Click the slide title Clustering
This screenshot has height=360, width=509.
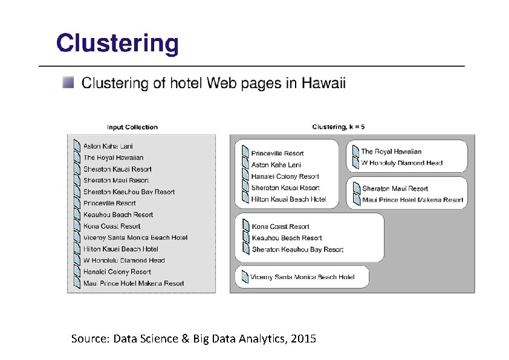117,44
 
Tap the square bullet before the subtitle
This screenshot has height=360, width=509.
70,83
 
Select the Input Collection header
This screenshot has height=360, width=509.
132,127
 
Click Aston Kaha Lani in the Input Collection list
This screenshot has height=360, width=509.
108,146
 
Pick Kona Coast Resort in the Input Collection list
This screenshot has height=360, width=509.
112,226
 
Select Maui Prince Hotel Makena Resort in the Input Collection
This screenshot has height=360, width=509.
134,283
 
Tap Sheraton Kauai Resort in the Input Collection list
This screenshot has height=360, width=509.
117,169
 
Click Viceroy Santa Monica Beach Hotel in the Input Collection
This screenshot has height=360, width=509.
135,237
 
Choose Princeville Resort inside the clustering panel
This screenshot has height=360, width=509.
277,153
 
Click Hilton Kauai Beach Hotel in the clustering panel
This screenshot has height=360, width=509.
288,199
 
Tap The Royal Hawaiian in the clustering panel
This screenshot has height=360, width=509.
391,152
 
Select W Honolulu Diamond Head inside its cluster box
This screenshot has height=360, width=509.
401,163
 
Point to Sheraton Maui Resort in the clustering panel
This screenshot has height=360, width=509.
395,188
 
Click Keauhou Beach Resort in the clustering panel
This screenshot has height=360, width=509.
287,238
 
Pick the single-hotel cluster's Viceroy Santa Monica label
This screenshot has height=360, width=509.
303,277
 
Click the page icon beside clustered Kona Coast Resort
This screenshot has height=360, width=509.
246,227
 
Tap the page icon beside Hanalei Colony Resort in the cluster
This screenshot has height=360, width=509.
246,176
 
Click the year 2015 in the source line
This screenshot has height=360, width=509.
303,338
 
